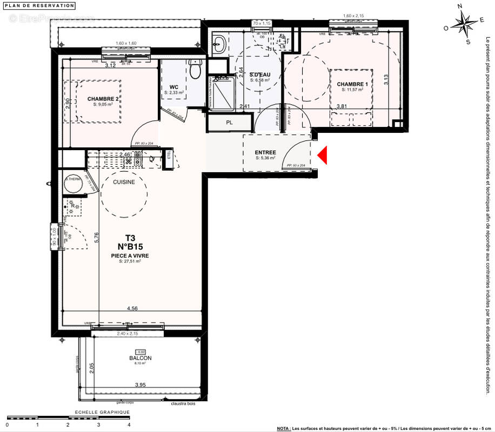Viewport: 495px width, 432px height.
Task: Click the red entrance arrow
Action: coord(323,156)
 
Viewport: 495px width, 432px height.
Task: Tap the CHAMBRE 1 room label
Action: coord(352,84)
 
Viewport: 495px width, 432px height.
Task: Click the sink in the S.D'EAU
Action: coord(220,45)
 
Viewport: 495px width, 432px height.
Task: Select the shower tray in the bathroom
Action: coord(222,92)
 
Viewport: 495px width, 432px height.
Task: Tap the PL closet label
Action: coord(229,123)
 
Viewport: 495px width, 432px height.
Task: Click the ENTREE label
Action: coord(265,152)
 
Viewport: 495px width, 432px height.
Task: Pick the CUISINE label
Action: coord(124,183)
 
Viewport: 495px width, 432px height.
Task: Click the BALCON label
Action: coord(140,358)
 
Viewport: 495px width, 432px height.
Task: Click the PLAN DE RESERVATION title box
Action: coord(39,5)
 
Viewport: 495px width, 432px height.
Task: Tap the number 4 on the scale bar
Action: coord(129,425)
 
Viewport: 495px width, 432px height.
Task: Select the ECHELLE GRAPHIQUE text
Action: coord(98,412)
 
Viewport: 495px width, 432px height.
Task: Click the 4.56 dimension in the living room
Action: coord(131,309)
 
